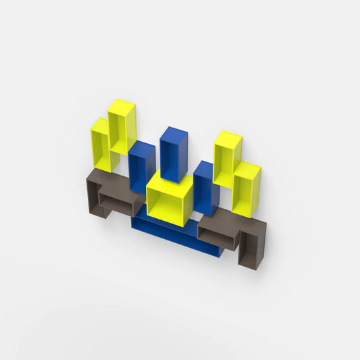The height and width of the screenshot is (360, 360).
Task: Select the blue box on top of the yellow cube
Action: coord(174,154)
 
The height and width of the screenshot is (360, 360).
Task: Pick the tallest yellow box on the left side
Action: coord(122,126)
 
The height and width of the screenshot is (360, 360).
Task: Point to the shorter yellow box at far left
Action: coord(101,144)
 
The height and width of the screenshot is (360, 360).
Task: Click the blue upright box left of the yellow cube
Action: coord(142,165)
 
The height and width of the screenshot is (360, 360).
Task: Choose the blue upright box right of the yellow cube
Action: coord(206,188)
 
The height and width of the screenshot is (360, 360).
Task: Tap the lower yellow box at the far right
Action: coord(246,189)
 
